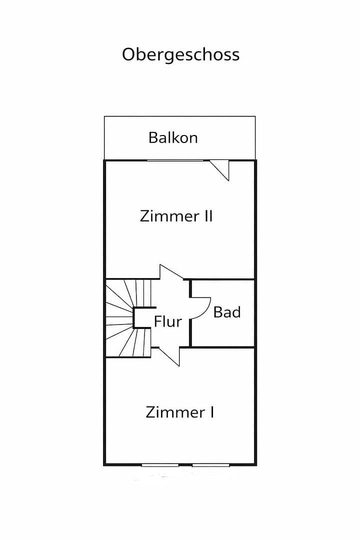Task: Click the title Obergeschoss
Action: point(180,55)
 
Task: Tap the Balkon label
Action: point(173,137)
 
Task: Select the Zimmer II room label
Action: point(176,216)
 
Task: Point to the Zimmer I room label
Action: point(180,412)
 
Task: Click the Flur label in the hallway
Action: point(167,321)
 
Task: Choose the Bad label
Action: point(227,312)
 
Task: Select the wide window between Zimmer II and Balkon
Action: point(175,160)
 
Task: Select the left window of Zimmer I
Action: point(160,465)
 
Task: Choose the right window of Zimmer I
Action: point(210,465)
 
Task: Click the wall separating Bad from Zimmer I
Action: point(223,347)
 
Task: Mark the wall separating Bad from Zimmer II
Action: point(223,279)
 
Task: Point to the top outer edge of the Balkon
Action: point(179,116)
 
